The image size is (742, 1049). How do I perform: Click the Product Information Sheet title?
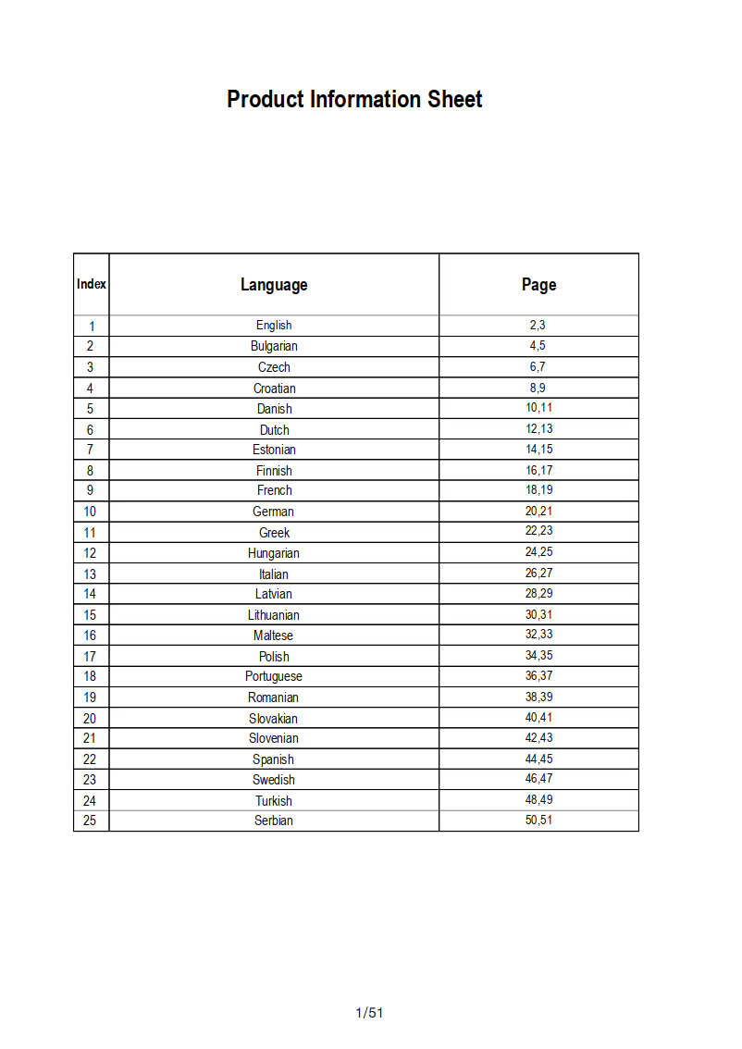354,100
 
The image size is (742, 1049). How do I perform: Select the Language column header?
274,285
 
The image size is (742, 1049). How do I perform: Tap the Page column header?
538,285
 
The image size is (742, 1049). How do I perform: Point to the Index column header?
92,284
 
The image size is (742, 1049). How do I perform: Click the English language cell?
274,326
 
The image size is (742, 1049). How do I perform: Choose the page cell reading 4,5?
538,346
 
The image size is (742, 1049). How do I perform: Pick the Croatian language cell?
274,389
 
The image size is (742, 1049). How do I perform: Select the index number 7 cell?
90,450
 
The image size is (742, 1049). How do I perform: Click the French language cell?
274,491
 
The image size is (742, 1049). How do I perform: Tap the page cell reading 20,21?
538,511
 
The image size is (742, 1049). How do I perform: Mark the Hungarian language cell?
274,553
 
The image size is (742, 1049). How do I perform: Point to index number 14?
90,594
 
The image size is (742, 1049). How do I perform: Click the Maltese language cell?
274,636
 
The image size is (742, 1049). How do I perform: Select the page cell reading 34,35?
538,656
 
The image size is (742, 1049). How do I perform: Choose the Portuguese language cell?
274,677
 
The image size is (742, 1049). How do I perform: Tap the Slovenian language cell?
274,738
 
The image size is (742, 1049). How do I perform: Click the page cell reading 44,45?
538,759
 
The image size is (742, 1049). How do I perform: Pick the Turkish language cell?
274,801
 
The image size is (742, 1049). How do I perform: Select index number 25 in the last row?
90,821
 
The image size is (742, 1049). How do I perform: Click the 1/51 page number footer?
369,1013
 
